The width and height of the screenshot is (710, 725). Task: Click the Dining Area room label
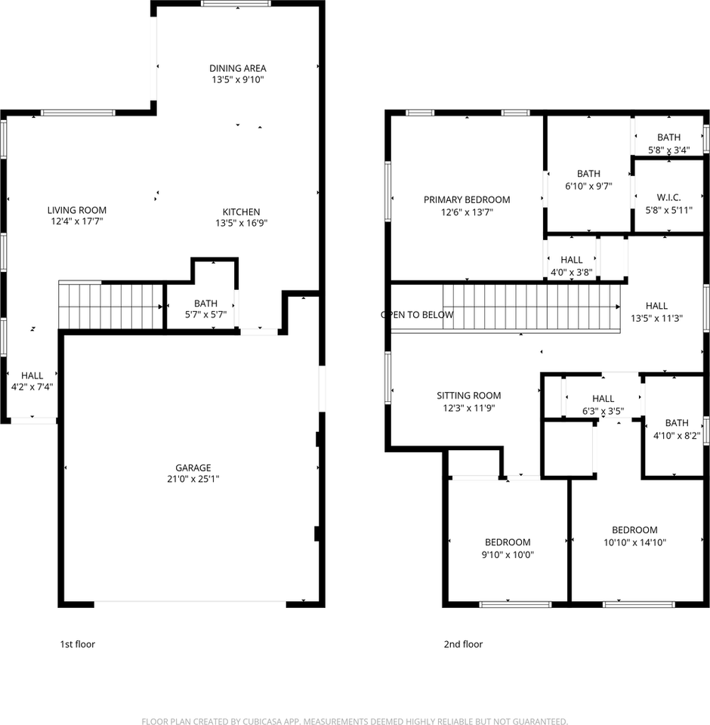(237, 68)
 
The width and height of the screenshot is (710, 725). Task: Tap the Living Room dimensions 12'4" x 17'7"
(76, 222)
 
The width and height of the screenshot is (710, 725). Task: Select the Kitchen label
(241, 211)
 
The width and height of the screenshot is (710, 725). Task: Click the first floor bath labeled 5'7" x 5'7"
(205, 309)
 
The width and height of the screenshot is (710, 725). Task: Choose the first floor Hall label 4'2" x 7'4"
(32, 381)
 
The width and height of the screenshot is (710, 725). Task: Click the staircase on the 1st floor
(111, 306)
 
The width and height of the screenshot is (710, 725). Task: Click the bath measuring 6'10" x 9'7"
(588, 179)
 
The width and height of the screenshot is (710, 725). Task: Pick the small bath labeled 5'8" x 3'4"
(668, 143)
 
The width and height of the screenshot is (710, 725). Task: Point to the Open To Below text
(417, 315)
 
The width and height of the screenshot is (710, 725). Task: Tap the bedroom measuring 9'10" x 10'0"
(507, 548)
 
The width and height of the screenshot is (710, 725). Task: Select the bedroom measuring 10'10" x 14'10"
(634, 535)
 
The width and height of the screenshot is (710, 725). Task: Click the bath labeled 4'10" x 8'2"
(676, 429)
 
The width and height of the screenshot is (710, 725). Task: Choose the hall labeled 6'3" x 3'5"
(603, 404)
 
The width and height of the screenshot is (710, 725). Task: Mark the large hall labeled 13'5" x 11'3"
(656, 311)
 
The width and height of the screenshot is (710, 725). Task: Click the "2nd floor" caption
(462, 644)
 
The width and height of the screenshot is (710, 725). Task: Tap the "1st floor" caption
(77, 644)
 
